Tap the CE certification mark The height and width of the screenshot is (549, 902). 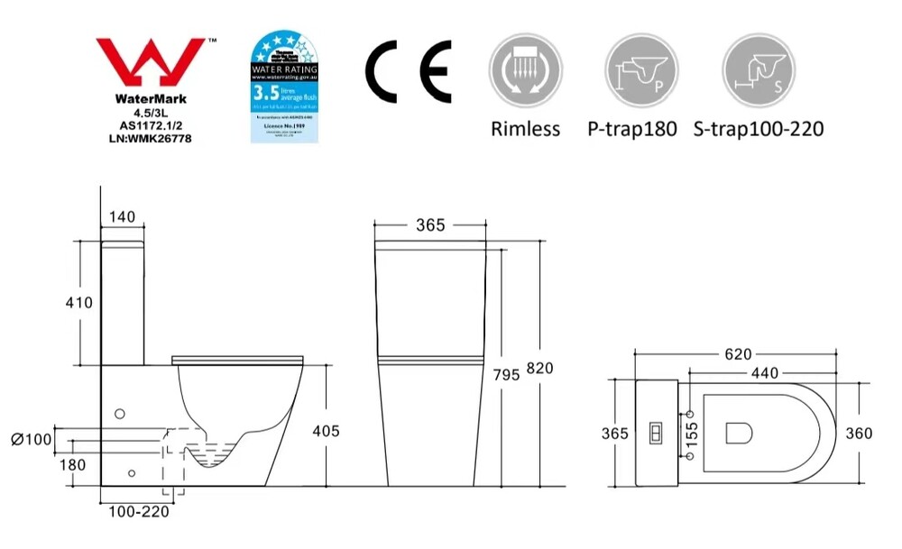click(408, 71)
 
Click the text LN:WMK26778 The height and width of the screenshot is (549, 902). click(150, 139)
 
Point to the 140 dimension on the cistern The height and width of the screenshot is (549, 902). click(121, 216)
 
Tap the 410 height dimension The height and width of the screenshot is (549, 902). click(78, 303)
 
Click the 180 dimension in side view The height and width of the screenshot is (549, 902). click(73, 465)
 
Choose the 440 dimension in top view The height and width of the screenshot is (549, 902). click(765, 371)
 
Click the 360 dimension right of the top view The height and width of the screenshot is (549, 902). click(858, 434)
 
